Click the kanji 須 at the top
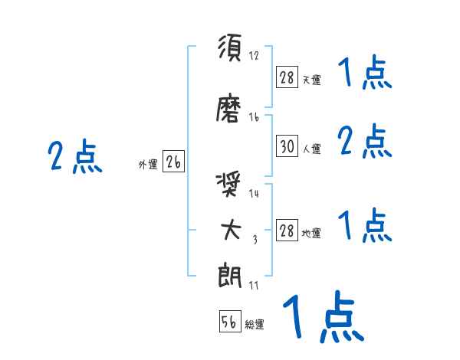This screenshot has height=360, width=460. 230,51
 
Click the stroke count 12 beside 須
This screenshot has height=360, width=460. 254,56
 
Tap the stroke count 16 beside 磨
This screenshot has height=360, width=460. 254,117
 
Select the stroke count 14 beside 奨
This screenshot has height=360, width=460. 254,194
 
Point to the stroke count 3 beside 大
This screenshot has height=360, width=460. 255,239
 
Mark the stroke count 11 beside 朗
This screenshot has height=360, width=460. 253,285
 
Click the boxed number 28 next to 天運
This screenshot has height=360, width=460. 287,77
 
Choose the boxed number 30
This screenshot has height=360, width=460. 287,146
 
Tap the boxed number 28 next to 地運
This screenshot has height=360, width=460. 287,231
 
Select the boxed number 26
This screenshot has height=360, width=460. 173,162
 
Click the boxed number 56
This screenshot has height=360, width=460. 229,322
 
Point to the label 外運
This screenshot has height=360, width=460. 148,164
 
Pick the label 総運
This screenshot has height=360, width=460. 255,325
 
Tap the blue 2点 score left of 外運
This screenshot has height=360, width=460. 74,158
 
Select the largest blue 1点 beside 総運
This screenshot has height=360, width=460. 322,318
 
